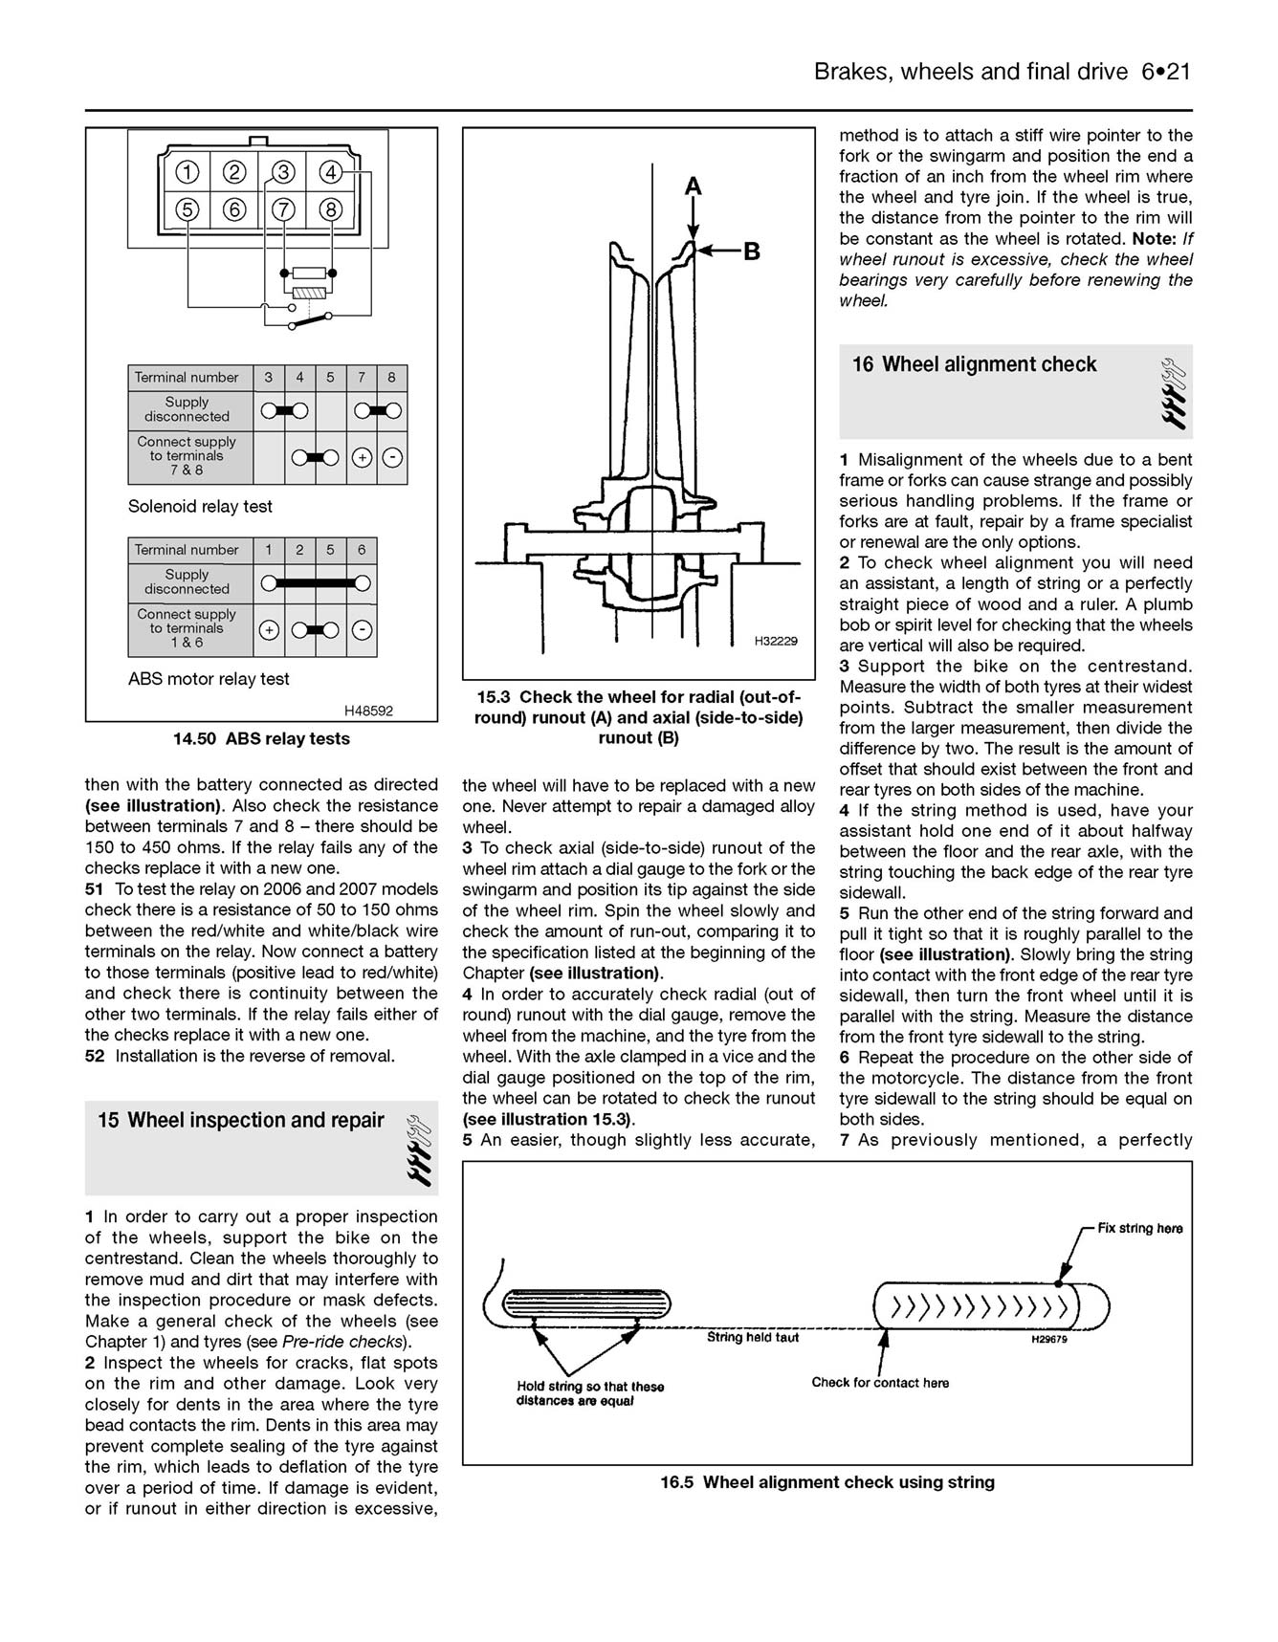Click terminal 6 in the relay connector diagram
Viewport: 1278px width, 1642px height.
pos(235,209)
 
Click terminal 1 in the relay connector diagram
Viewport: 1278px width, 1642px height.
pos(187,172)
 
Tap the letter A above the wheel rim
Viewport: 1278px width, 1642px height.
pos(694,186)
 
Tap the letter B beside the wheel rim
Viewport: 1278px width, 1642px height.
pos(752,252)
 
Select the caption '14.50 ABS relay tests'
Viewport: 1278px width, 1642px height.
pos(261,738)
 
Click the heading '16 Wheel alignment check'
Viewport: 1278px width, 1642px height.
pos(975,364)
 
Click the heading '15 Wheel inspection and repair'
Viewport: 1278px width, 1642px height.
pos(241,1120)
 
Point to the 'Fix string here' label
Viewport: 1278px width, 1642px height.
pos(1139,1228)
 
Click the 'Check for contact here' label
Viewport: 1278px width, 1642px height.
pos(880,1382)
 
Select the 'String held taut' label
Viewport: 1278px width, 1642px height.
pos(753,1337)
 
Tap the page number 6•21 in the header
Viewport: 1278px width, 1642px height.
pos(1165,72)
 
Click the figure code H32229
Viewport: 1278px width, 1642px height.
pos(775,641)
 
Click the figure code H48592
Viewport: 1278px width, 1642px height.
pos(368,711)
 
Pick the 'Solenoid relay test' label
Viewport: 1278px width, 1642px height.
pos(200,506)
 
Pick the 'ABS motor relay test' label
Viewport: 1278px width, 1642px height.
pos(209,679)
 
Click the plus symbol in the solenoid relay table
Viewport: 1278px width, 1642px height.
pos(362,458)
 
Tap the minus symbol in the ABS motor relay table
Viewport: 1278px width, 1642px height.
pos(362,630)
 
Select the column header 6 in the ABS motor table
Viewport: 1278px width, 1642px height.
pos(362,550)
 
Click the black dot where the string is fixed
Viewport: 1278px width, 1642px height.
pos(1058,1282)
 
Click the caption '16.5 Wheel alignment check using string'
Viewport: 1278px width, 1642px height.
pos(827,1482)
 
